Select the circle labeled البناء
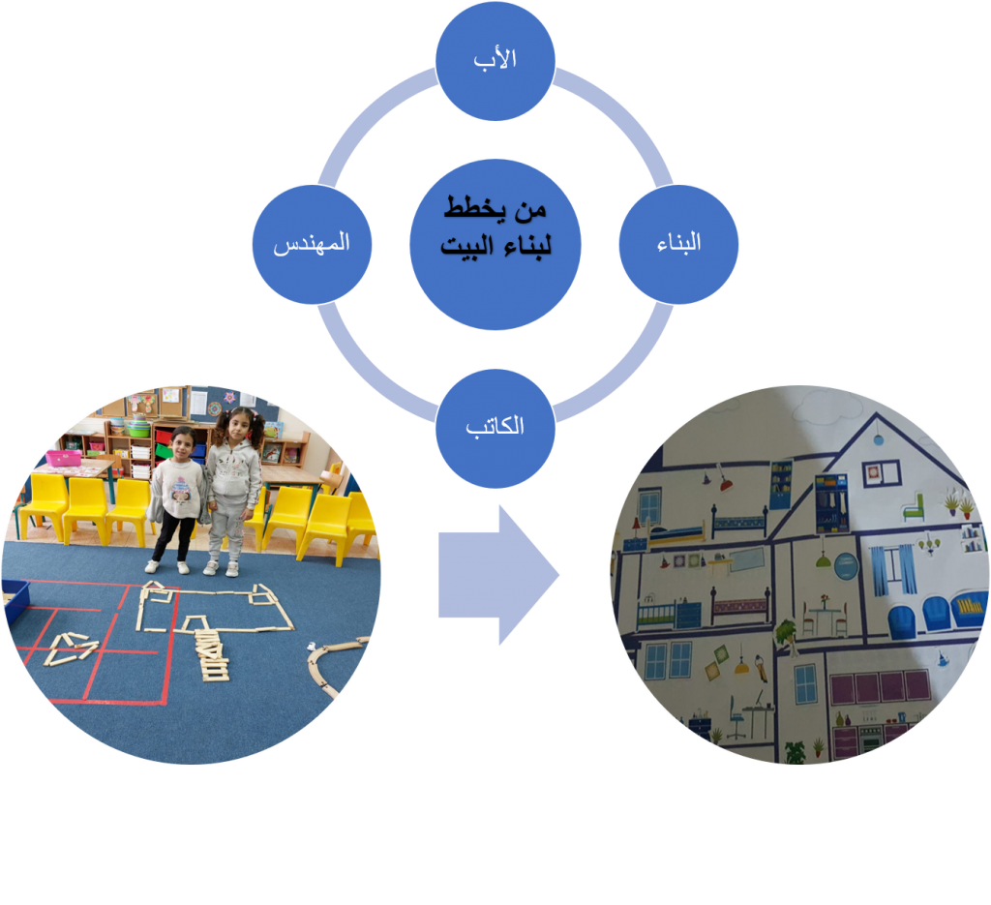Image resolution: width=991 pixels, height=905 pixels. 678,244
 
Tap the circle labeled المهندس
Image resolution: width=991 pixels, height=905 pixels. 312,244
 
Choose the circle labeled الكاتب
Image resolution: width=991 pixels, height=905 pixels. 495,426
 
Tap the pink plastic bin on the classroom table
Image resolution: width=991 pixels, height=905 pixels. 64,457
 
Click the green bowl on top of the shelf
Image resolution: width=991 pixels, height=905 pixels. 138,428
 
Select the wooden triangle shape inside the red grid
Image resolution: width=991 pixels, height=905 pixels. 69,647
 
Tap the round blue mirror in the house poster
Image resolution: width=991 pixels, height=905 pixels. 845,566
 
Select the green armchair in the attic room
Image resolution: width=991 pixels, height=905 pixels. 913,506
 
